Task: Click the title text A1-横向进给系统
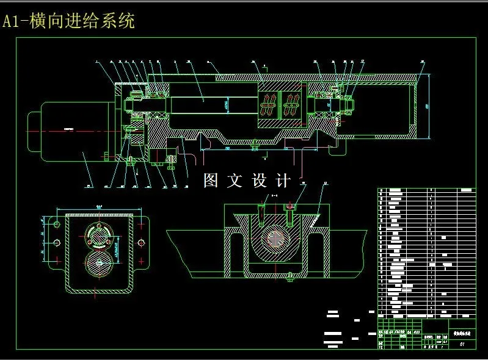click(x=68, y=21)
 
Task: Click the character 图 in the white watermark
click(x=211, y=181)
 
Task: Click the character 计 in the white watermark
click(x=283, y=181)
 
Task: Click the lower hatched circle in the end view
click(x=99, y=266)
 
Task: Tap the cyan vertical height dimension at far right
click(x=427, y=106)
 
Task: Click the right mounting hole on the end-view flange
click(x=142, y=243)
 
